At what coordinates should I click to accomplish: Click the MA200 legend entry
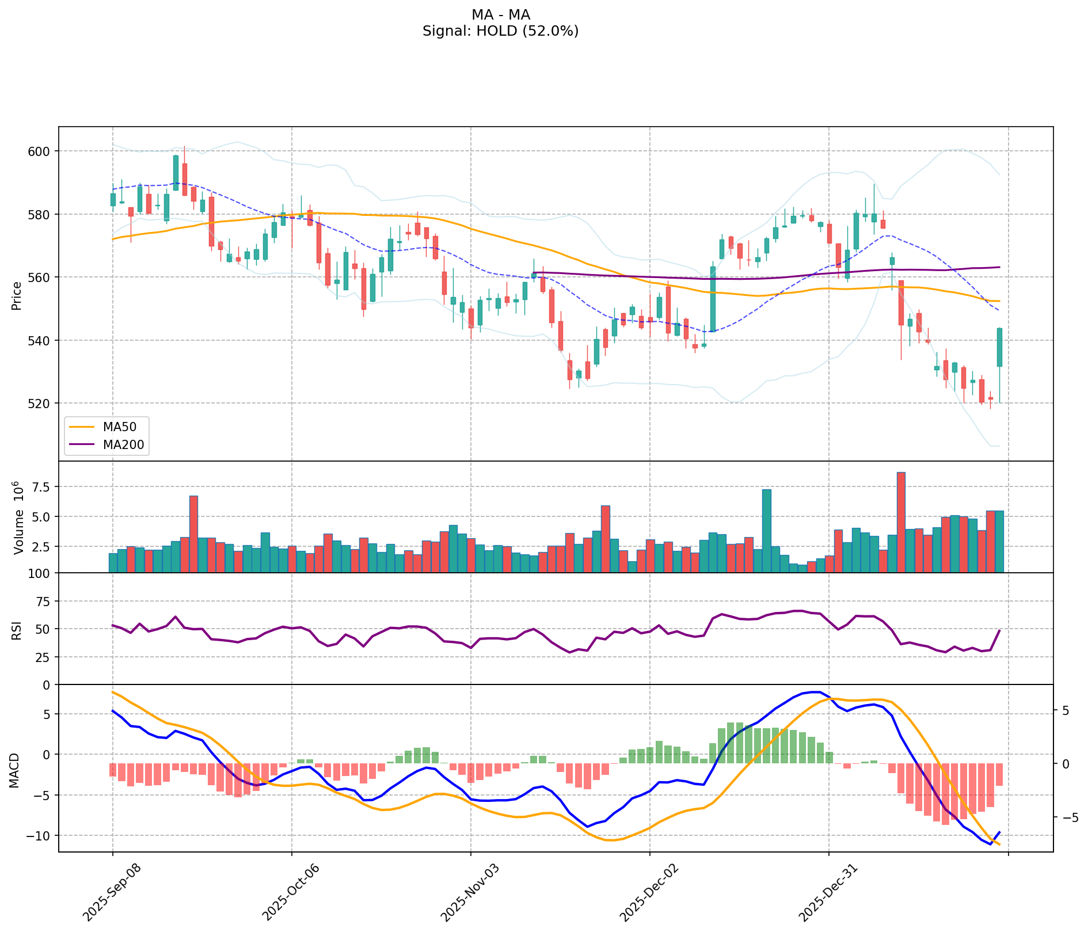(x=123, y=444)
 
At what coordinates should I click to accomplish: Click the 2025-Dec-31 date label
(x=824, y=891)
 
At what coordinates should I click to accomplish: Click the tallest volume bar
(x=901, y=522)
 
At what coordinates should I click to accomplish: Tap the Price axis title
(x=17, y=295)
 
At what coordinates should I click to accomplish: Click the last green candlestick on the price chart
(x=999, y=347)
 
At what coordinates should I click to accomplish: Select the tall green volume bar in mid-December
(x=767, y=530)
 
